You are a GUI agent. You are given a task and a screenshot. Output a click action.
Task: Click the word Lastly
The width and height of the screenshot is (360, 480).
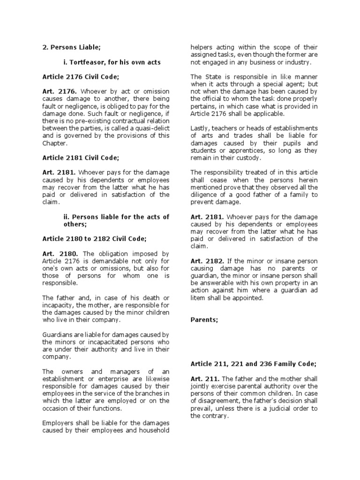[201, 128]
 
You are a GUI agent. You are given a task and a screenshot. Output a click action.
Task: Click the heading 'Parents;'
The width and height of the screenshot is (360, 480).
[204, 320]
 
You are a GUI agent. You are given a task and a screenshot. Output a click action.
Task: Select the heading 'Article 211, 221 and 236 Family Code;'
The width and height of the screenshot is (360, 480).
[254, 364]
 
